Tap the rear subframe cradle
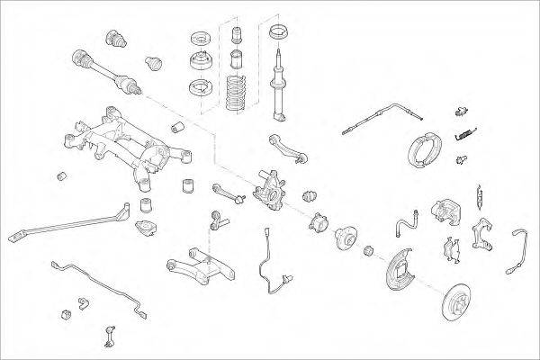(121, 144)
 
